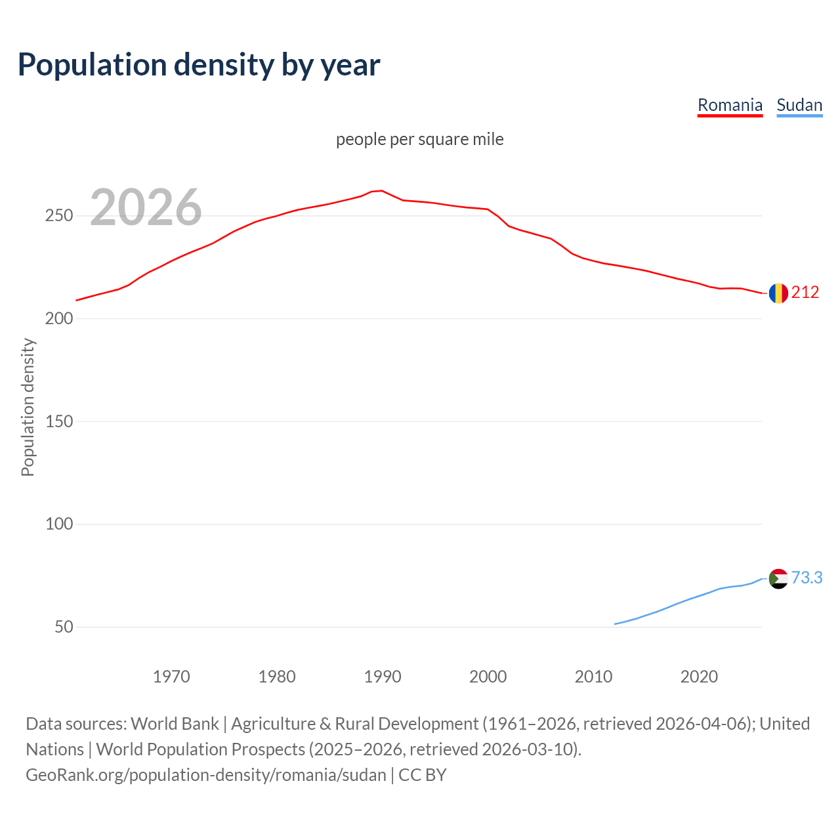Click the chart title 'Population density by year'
(x=199, y=65)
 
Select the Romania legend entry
(x=730, y=105)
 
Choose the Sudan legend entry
(x=799, y=105)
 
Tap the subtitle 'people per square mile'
(x=420, y=140)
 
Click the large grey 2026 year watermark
(x=146, y=207)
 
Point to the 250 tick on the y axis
(x=59, y=216)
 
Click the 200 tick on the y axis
(x=59, y=319)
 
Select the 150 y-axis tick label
(x=59, y=422)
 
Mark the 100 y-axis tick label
(x=59, y=524)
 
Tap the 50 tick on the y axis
(x=64, y=627)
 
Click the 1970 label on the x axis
(x=171, y=677)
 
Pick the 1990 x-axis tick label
(x=383, y=677)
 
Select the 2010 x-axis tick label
(x=593, y=677)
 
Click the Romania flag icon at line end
(x=778, y=293)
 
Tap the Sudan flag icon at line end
(x=778, y=578)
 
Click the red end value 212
(x=805, y=293)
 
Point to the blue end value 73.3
(x=807, y=578)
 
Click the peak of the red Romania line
(x=382, y=191)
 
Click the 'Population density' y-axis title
(x=28, y=407)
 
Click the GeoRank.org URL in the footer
(x=206, y=775)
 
